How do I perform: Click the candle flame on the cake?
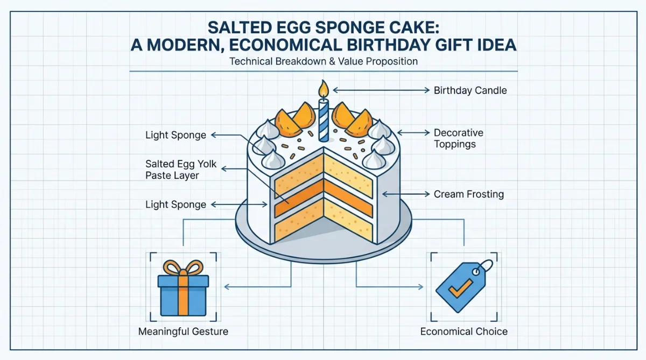pyautogui.click(x=324, y=89)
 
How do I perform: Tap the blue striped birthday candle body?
pyautogui.click(x=324, y=121)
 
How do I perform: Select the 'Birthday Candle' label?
pyautogui.click(x=470, y=90)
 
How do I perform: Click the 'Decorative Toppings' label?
pyautogui.click(x=459, y=138)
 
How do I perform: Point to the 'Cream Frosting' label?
pyautogui.click(x=469, y=194)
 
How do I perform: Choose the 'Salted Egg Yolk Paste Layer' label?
pyautogui.click(x=181, y=170)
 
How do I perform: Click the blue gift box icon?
pyautogui.click(x=183, y=288)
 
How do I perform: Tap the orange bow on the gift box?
pyautogui.click(x=183, y=268)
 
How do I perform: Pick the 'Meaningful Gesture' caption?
pyautogui.click(x=183, y=331)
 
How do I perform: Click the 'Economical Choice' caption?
pyautogui.click(x=464, y=331)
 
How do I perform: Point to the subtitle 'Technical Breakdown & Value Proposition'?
pyautogui.click(x=324, y=61)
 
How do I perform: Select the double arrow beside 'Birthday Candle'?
pyautogui.click(x=381, y=90)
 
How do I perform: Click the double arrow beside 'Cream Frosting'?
pyautogui.click(x=406, y=194)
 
